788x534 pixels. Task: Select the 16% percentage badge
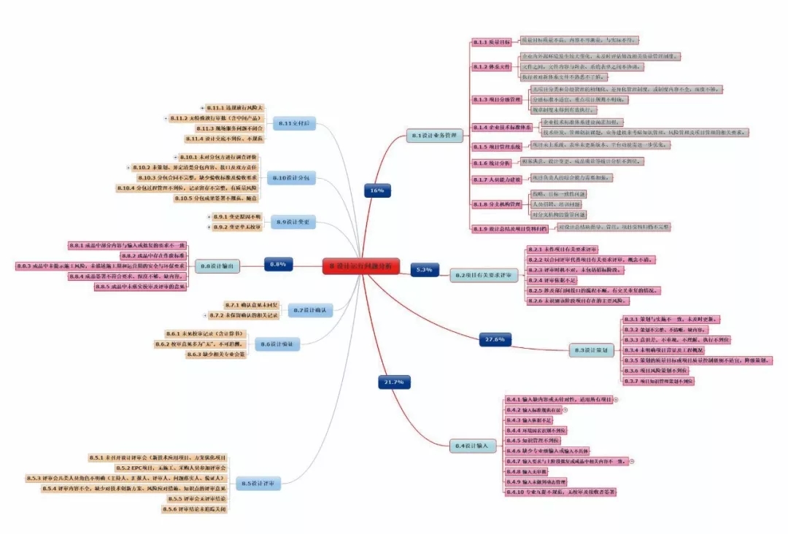point(376,190)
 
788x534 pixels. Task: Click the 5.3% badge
point(425,270)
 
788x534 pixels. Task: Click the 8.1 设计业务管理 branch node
point(435,135)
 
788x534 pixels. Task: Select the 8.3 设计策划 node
point(592,350)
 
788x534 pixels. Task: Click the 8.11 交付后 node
point(295,123)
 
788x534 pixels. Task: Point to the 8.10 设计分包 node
point(295,178)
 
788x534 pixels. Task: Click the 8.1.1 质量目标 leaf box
point(492,42)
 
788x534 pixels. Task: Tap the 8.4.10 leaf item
point(560,492)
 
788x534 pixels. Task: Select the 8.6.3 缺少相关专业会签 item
point(216,355)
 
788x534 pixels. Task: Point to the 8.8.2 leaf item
point(153,256)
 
